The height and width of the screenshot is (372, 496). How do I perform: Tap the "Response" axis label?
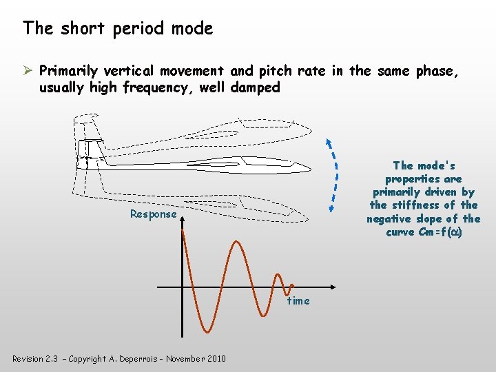[154, 214]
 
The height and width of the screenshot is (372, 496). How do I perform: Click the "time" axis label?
[298, 301]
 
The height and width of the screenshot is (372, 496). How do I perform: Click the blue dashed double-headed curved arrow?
[335, 176]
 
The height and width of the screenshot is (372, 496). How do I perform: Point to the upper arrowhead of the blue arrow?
[329, 143]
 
